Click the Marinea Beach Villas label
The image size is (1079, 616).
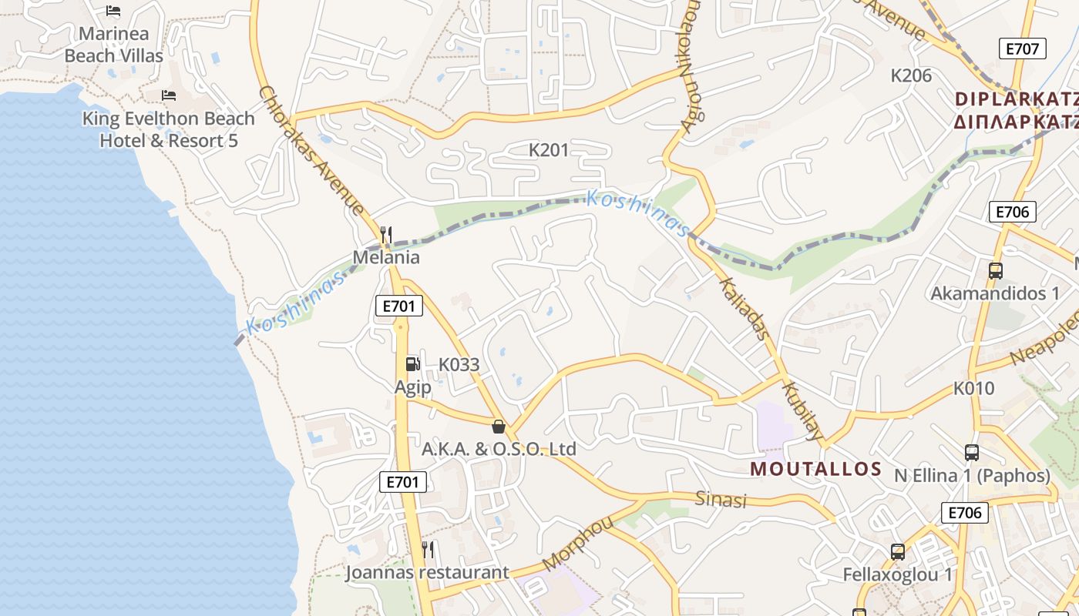113,45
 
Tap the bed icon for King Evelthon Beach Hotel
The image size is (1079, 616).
169,95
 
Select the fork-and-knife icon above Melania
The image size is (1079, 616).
387,234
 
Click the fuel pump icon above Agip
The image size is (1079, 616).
413,364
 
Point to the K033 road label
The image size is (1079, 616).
459,365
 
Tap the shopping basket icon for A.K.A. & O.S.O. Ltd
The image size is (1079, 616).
499,427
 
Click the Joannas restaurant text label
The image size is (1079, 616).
427,572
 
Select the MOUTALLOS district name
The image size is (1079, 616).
816,469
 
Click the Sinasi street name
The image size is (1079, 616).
721,499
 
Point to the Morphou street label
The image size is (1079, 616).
578,544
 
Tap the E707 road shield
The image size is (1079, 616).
1023,49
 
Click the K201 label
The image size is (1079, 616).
548,150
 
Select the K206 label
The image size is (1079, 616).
911,75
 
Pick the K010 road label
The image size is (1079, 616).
974,389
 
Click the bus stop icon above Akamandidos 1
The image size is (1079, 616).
996,271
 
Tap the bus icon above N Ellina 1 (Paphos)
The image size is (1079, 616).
972,453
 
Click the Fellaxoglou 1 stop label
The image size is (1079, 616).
898,574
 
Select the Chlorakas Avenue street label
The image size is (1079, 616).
311,149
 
